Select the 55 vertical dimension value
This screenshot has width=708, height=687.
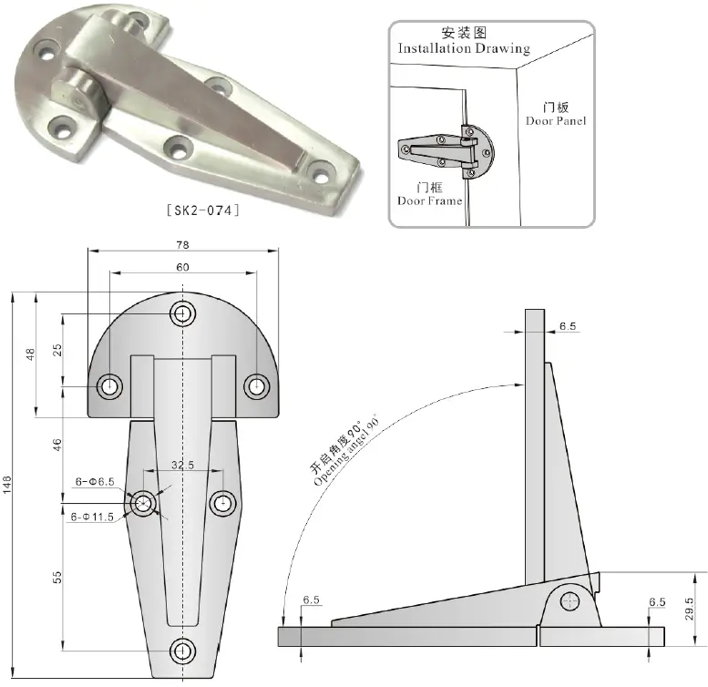(x=56, y=577)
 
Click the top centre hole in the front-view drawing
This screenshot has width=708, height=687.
(x=184, y=314)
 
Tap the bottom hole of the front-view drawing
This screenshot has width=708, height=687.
(x=184, y=651)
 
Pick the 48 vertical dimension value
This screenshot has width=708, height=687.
(x=31, y=354)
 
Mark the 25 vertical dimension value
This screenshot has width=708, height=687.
(x=56, y=351)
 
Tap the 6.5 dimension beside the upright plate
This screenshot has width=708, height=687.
(x=569, y=325)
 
